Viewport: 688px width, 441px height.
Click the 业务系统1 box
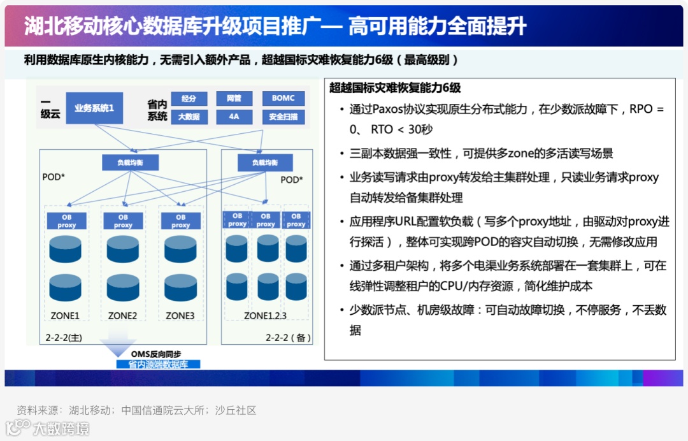(94, 108)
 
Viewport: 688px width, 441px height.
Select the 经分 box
(189, 99)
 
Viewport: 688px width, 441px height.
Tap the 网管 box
(234, 99)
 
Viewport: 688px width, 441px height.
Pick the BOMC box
(283, 99)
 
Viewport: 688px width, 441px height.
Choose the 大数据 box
(189, 117)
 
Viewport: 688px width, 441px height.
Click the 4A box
(234, 117)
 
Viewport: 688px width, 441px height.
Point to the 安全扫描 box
(283, 117)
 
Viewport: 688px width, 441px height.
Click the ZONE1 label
(65, 315)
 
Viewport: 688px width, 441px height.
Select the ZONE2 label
(122, 315)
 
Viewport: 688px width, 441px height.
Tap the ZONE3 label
(180, 315)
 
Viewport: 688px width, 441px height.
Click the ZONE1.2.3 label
(265, 315)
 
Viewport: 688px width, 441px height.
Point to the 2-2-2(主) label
(64, 336)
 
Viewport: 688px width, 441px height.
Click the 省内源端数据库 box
(158, 365)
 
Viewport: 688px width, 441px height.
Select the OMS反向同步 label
(156, 354)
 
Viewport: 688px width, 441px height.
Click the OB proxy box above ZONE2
(123, 221)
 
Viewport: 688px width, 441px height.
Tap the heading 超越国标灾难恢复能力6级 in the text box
(395, 88)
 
